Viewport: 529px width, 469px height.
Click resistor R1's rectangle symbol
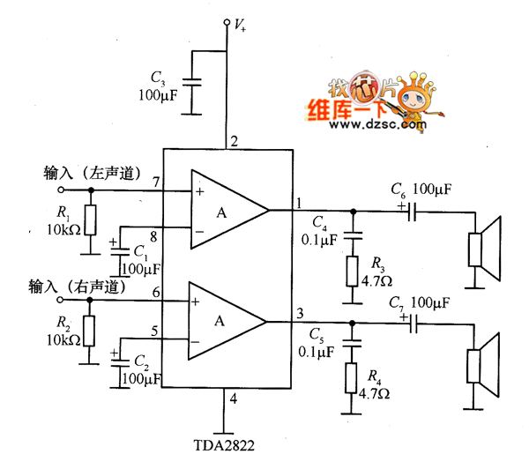(89, 219)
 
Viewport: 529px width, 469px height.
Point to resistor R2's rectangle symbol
(89, 330)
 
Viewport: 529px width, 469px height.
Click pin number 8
(155, 235)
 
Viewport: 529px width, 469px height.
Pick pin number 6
(155, 292)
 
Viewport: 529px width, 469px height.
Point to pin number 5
(155, 332)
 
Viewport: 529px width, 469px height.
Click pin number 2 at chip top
(234, 141)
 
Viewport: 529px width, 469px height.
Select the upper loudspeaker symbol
(483, 247)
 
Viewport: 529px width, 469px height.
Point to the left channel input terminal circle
(61, 189)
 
